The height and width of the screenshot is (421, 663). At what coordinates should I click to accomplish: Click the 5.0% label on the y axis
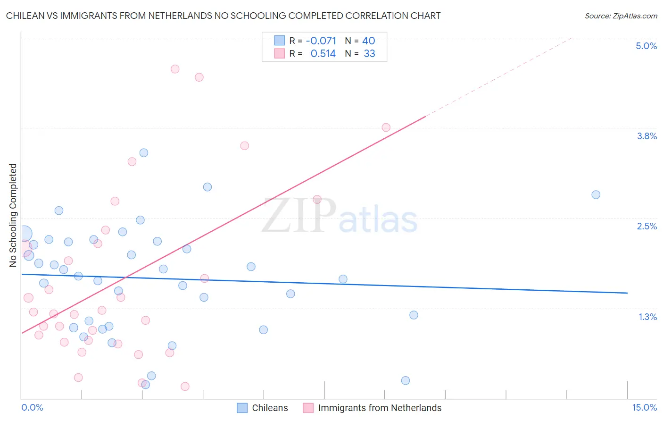click(x=646, y=46)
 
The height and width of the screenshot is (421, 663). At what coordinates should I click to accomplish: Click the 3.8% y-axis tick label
click(x=646, y=136)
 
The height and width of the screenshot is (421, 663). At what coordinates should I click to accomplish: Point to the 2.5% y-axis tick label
click(x=646, y=226)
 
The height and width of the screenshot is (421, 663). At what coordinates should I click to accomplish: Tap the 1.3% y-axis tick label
click(x=647, y=317)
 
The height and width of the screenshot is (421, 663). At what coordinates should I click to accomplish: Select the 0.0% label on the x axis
click(x=32, y=407)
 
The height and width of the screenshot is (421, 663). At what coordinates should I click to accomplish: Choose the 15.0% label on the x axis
click(x=644, y=407)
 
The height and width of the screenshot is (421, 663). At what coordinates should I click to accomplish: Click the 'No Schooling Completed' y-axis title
click(x=13, y=215)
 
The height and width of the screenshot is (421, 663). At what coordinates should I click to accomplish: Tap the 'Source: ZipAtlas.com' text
click(x=621, y=16)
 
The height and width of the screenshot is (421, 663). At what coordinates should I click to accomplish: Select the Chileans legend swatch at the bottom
click(x=242, y=408)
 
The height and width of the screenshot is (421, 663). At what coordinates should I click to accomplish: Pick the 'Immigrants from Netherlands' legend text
click(x=380, y=408)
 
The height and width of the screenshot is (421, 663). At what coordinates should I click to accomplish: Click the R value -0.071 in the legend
click(x=321, y=41)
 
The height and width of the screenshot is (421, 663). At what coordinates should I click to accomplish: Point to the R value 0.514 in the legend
click(x=323, y=53)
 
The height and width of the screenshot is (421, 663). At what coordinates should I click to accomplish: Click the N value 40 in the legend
click(x=368, y=41)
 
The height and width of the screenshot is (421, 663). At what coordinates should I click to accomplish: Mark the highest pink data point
click(x=175, y=69)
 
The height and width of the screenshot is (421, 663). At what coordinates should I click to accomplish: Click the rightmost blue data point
click(x=596, y=194)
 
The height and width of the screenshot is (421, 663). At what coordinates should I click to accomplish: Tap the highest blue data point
click(x=144, y=152)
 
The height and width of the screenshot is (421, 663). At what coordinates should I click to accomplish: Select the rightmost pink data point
click(x=386, y=127)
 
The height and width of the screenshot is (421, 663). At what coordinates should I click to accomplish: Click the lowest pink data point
click(x=185, y=386)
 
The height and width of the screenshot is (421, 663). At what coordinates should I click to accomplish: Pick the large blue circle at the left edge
click(x=24, y=234)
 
